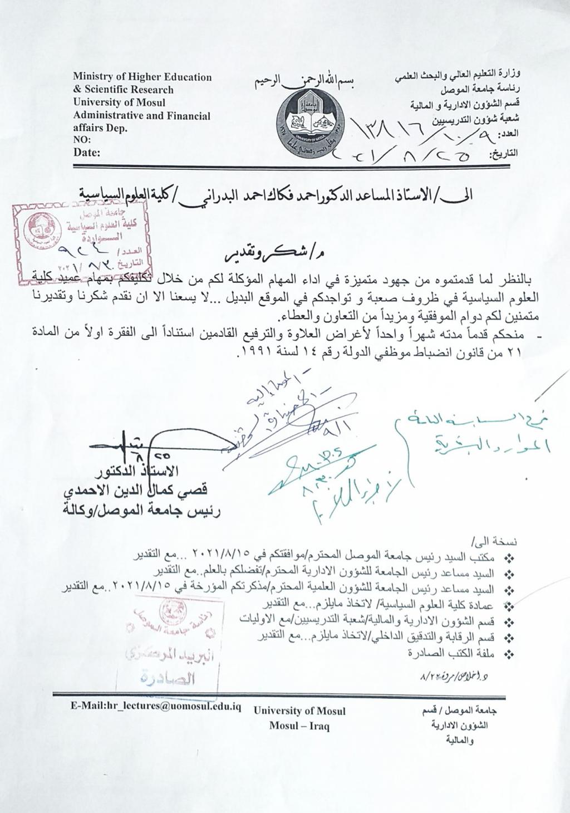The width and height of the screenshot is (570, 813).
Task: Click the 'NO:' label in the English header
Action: click(x=81, y=140)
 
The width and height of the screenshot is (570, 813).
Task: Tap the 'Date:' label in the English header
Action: click(x=87, y=153)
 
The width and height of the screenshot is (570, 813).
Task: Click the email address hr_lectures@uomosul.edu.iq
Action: click(x=155, y=707)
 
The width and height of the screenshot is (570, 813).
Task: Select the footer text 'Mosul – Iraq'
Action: click(x=299, y=726)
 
